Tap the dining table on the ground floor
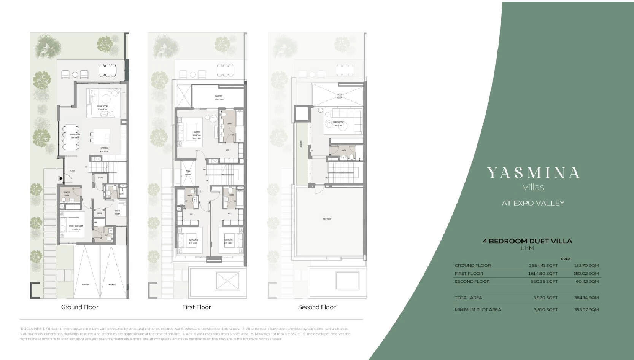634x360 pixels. pos(71,137)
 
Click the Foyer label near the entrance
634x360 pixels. pos(72,171)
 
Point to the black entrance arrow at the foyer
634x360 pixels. pos(61,178)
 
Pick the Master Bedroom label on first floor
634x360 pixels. pos(197,134)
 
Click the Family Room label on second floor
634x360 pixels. pos(338,123)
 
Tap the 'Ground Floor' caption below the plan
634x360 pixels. pos(79,307)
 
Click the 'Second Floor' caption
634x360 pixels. pos(317,307)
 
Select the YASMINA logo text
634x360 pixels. pos(533,173)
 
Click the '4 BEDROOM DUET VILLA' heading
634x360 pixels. pos(527,241)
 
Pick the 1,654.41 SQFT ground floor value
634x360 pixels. pos(543,266)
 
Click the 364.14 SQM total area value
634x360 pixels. pos(586,298)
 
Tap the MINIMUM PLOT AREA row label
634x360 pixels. pos(478,310)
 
